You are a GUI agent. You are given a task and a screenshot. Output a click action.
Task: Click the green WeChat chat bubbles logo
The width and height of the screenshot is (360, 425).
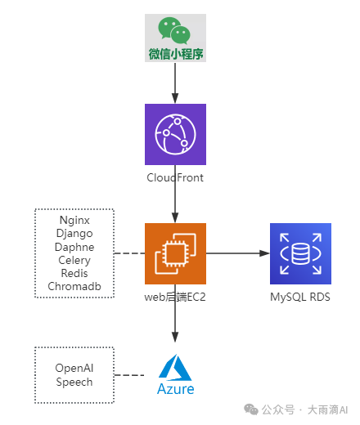pos(174,30)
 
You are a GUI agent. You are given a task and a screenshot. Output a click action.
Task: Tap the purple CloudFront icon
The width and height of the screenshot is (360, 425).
pos(175,134)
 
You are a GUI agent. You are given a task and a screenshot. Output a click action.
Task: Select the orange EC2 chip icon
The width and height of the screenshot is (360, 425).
pos(175,253)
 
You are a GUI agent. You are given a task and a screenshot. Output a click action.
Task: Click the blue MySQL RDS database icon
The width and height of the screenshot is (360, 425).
pos(300,253)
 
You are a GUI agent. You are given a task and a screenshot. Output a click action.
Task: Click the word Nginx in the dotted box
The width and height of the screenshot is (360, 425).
pos(74,220)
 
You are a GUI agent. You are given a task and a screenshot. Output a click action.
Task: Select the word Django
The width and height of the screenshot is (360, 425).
pos(74,234)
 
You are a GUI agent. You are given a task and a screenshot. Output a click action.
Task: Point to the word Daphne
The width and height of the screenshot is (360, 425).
pos(74,247)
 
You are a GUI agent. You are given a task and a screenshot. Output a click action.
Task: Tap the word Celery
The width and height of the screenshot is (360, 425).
pos(74,260)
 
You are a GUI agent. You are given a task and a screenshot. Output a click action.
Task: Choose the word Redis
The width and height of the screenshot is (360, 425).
pos(74,273)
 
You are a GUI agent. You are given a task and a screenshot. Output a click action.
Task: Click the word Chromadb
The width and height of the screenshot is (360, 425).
pos(74,286)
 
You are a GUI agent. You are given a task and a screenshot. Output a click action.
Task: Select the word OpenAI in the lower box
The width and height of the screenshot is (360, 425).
pos(74,368)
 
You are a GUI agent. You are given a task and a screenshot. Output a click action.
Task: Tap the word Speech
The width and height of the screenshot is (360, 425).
pos(74,382)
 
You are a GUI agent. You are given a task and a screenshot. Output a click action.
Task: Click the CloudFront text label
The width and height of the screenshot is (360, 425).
pos(175,177)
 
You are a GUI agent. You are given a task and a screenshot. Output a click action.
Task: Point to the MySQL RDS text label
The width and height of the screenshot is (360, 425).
pos(300,297)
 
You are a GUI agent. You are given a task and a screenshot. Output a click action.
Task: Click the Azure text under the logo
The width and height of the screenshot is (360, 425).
pos(176,389)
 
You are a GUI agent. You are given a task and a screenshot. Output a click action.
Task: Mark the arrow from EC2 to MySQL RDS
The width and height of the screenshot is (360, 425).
pos(238,253)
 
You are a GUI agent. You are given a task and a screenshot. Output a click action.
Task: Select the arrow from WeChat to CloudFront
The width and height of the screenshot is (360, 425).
pos(175,83)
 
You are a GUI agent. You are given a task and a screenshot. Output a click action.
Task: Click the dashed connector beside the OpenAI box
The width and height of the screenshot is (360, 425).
pos(129,375)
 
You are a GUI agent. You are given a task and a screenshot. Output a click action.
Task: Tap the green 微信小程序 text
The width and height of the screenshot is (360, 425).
pos(176,54)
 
